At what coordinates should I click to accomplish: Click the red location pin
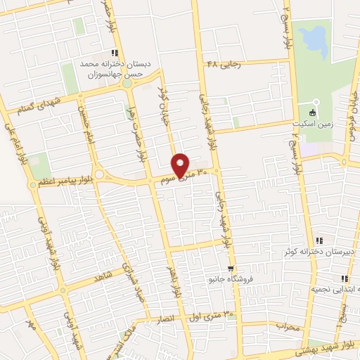click(x=181, y=165)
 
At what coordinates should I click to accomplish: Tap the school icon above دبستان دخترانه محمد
click(x=115, y=53)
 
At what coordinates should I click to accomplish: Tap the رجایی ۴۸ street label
click(x=224, y=65)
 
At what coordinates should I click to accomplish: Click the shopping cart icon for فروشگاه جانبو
click(x=230, y=269)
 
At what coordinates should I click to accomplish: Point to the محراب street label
click(x=287, y=326)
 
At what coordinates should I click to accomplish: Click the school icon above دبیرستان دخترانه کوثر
click(x=319, y=241)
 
